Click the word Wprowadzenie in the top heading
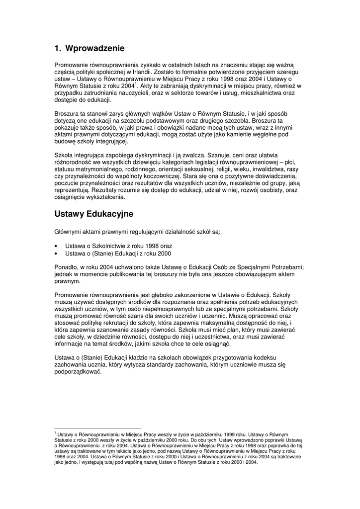pyautogui.click(x=95, y=49)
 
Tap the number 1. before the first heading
pyautogui.click(x=58, y=49)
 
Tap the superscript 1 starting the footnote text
pyautogui.click(x=55, y=433)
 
